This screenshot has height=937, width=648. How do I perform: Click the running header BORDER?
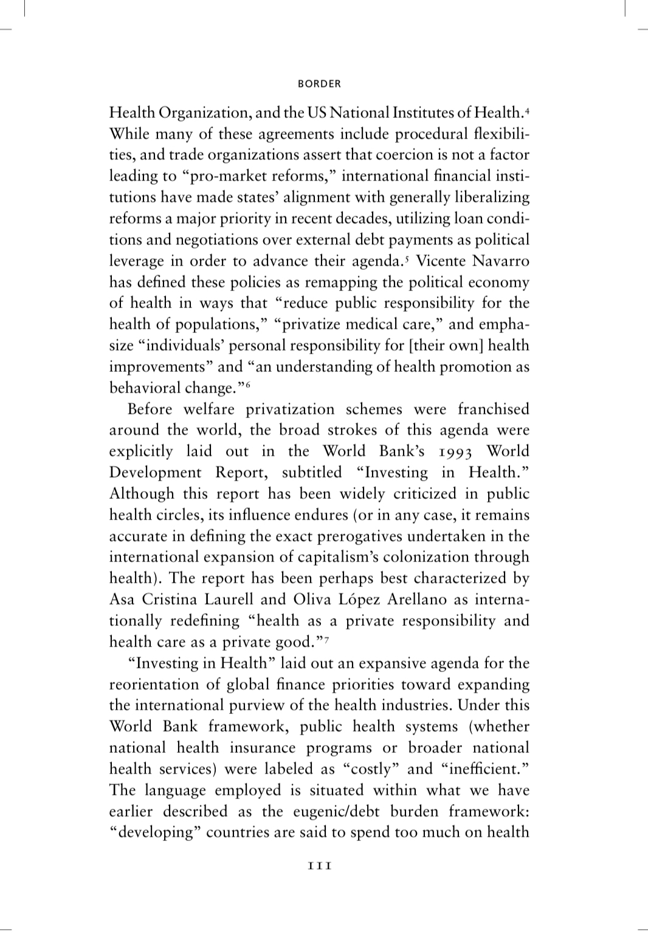pyautogui.click(x=320, y=84)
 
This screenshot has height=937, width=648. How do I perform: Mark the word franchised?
pyautogui.click(x=493, y=409)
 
